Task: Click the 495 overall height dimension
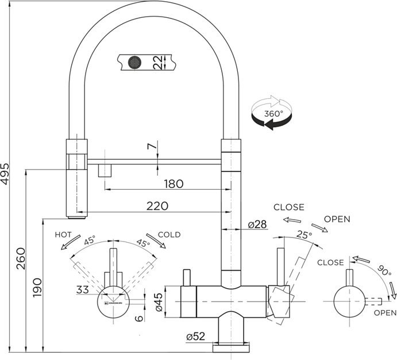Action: click(6, 171)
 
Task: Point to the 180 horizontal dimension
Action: click(173, 184)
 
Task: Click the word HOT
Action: click(63, 235)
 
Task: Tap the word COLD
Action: click(169, 235)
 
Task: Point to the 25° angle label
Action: click(304, 235)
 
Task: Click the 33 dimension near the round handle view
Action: click(83, 289)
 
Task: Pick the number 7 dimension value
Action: click(152, 147)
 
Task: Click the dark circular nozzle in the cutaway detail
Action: click(134, 62)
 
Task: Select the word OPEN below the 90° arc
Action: click(384, 312)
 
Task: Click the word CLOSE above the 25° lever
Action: click(288, 207)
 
